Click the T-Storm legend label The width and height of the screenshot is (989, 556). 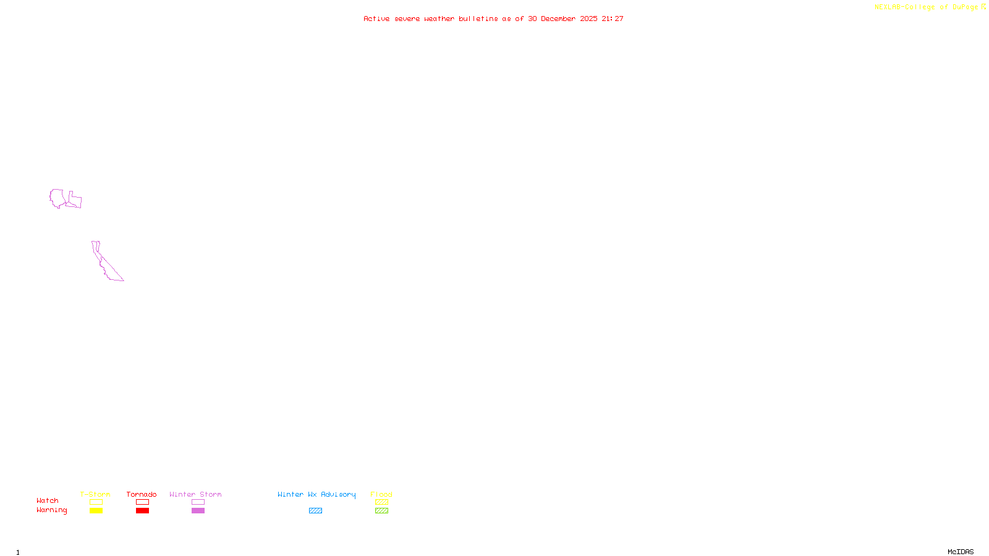[95, 494]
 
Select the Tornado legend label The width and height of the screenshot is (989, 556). [142, 494]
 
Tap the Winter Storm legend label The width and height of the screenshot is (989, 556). [195, 494]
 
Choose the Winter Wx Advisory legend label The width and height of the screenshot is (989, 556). [316, 494]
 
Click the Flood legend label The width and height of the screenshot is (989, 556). [381, 494]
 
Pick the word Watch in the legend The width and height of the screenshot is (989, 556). [48, 500]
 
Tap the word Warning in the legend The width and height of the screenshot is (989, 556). [52, 510]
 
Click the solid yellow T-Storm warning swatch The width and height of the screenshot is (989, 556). [96, 511]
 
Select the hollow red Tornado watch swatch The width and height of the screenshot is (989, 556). [142, 502]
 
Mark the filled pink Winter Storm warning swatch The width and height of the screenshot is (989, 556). [198, 511]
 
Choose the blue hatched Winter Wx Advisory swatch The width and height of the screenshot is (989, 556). [315, 511]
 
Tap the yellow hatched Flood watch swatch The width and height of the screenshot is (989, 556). [381, 502]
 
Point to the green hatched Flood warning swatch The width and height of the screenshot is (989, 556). [381, 511]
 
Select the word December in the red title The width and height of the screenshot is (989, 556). [558, 19]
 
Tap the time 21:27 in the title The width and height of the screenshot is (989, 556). [613, 19]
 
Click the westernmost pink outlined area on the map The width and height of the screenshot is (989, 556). [56, 198]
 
